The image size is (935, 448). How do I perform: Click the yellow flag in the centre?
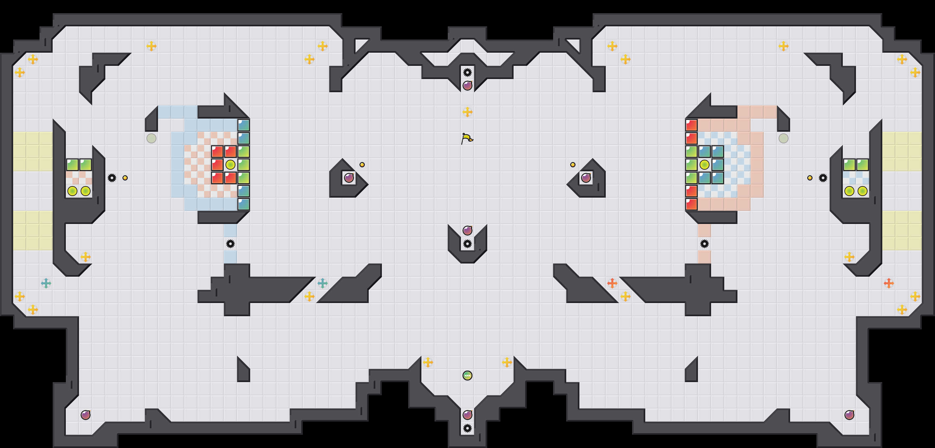tap(467, 138)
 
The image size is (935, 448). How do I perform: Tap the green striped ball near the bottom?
tap(467, 376)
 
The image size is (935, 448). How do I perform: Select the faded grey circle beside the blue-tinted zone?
tap(151, 138)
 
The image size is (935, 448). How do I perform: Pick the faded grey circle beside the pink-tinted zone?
tap(783, 138)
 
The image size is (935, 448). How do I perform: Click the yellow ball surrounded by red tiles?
tap(230, 165)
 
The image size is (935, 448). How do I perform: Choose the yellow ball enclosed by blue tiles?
tap(704, 165)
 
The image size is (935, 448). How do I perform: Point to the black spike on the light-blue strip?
tap(230, 244)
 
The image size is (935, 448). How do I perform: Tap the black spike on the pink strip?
tap(704, 244)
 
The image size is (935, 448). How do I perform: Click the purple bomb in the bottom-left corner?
tap(85, 415)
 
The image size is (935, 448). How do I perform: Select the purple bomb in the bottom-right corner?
tap(849, 415)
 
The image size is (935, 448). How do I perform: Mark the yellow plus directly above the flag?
tap(467, 112)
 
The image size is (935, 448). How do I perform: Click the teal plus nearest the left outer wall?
tap(46, 283)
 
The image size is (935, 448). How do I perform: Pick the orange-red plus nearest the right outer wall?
tap(889, 283)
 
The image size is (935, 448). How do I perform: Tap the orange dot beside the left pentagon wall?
tap(362, 165)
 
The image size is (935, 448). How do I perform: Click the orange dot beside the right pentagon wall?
tap(573, 165)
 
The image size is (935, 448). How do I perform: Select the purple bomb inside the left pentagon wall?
tap(349, 178)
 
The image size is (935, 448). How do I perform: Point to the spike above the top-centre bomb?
tap(467, 72)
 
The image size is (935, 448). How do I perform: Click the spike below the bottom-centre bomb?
tap(467, 428)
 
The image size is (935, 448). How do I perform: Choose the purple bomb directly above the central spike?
tap(467, 230)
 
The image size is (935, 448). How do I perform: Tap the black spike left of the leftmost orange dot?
tap(112, 178)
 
